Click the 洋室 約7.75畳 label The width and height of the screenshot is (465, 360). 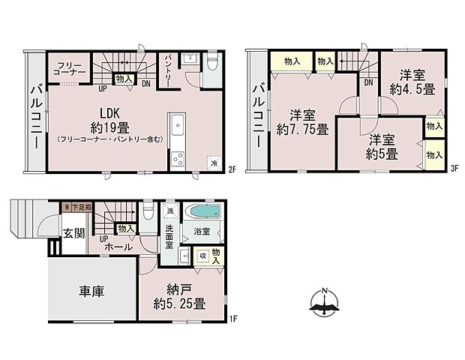(x=302, y=122)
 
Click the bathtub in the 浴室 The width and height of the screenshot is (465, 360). (x=201, y=211)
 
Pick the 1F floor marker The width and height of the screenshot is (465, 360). (x=232, y=319)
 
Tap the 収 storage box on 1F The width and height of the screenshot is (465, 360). (x=202, y=256)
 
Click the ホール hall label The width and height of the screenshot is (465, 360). (x=119, y=246)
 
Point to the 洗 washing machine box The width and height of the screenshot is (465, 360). (x=170, y=211)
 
